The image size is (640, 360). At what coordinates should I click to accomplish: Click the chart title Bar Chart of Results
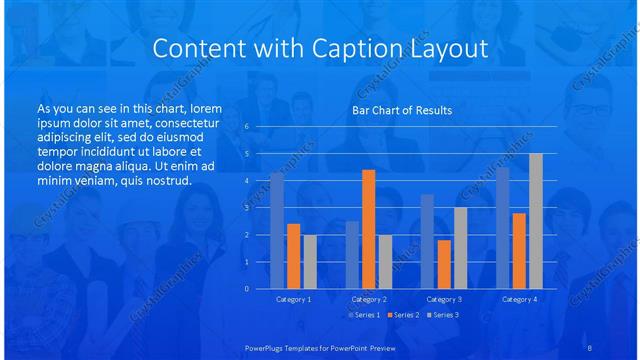(401, 110)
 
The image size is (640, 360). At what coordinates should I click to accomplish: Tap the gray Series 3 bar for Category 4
(536, 221)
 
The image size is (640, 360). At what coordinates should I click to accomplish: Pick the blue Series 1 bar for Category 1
(277, 230)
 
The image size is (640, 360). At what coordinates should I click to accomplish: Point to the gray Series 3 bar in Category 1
(310, 261)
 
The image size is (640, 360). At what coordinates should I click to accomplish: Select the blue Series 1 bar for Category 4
(502, 227)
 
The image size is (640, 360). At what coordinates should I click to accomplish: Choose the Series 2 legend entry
(404, 316)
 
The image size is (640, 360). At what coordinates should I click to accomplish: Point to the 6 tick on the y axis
(246, 127)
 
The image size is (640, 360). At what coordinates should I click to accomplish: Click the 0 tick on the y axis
(246, 289)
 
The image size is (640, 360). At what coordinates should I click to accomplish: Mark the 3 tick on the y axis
(246, 208)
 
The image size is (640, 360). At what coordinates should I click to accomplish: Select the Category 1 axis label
(293, 299)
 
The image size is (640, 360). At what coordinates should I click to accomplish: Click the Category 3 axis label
(443, 299)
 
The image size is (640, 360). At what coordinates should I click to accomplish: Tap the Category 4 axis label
(519, 299)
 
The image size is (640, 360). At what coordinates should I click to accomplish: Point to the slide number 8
(590, 346)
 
